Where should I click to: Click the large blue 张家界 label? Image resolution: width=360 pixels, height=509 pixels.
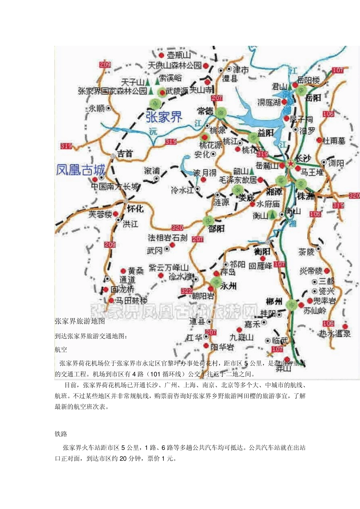click(x=164, y=117)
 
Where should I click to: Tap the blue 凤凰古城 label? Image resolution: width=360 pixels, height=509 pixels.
click(x=80, y=170)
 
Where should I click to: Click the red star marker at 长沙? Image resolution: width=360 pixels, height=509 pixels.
click(x=290, y=164)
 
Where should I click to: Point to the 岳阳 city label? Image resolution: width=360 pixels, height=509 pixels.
click(x=313, y=98)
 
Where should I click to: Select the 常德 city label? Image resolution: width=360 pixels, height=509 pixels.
click(x=205, y=111)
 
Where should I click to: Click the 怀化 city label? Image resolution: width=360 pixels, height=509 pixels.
click(x=135, y=209)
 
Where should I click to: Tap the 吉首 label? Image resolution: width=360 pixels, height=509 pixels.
click(x=125, y=153)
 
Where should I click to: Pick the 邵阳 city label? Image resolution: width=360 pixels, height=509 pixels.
click(x=216, y=228)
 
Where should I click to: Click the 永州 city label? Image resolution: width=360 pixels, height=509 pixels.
click(x=228, y=286)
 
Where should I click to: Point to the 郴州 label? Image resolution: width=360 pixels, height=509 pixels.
click(x=274, y=301)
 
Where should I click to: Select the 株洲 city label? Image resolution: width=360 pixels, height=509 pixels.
click(x=306, y=196)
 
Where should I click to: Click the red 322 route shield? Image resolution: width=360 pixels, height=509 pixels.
click(x=187, y=291)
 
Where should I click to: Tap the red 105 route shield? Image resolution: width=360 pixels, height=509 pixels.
click(x=328, y=323)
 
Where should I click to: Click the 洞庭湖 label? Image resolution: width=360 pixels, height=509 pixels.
click(x=269, y=102)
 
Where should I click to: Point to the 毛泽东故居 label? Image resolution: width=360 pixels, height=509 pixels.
click(x=238, y=180)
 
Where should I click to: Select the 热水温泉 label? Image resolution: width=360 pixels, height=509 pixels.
click(x=335, y=333)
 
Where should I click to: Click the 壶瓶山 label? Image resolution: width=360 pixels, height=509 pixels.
click(x=179, y=55)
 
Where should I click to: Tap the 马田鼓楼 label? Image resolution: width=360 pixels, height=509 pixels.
click(x=131, y=301)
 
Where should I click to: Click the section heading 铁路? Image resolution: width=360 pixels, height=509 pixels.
click(x=61, y=434)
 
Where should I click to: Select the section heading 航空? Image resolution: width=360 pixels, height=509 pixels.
click(x=61, y=349)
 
